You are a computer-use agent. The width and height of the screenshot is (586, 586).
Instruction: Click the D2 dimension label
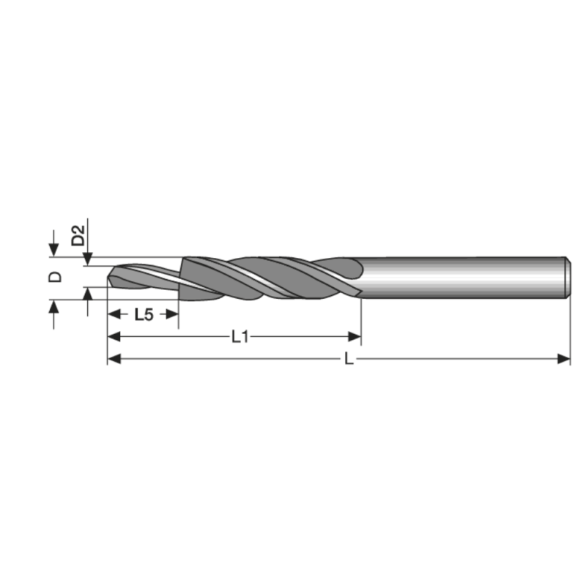[x=78, y=235]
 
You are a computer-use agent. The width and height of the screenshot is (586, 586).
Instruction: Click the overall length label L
[x=349, y=359]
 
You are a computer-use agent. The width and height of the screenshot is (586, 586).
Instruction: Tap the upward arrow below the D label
[x=53, y=305]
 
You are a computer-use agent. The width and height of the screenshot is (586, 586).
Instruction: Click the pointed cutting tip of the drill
[x=110, y=279]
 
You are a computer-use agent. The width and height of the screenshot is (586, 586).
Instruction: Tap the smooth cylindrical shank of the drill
[x=461, y=278]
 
